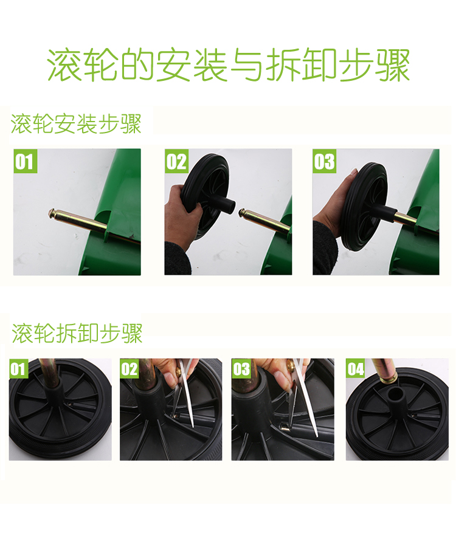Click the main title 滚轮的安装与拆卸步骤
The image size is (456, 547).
pos(229,65)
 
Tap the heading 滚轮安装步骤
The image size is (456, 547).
pos(76,124)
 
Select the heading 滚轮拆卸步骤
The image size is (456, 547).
pos(77,333)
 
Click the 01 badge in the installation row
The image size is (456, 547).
pos(25,161)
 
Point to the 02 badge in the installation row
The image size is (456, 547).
pos(176,161)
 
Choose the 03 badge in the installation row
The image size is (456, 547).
pos(325,161)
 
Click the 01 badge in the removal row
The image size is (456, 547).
pos(18,369)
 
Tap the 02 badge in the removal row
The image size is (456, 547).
pos(130,369)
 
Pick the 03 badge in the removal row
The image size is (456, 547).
pos(241,369)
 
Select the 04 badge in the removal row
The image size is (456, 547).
pos(356,369)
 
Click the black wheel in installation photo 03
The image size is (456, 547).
pos(364,207)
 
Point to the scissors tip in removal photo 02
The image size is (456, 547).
pos(192,425)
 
